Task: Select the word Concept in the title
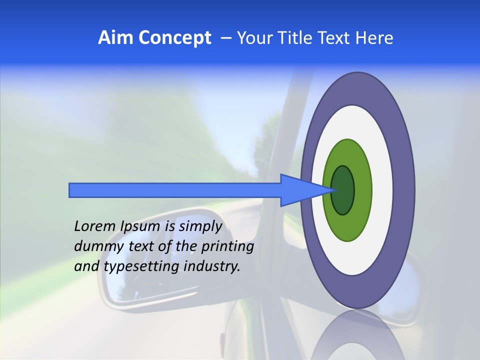[x=174, y=38]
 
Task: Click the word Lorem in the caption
[x=95, y=226]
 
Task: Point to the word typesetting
[x=141, y=266]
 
